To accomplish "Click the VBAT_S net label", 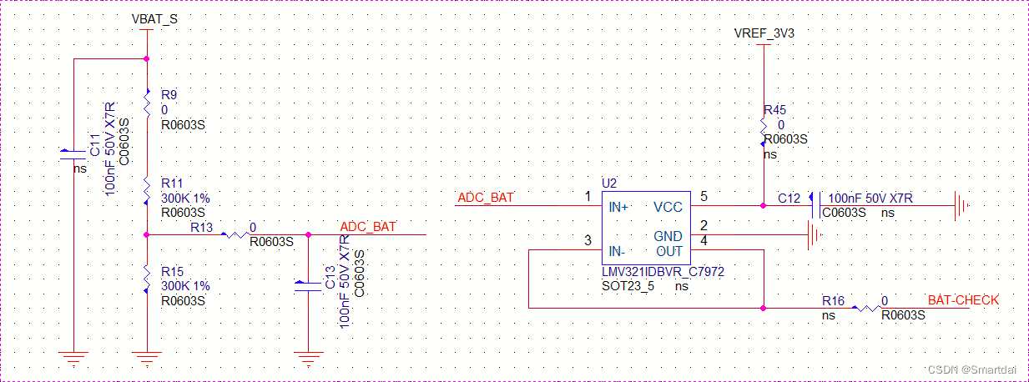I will click(154, 18).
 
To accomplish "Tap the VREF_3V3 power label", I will click(764, 33).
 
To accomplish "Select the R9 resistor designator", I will click(169, 95).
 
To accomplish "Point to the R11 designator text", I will click(172, 183).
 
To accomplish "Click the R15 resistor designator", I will click(172, 272).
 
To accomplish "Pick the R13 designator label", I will click(202, 226).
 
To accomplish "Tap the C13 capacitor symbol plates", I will click(308, 287).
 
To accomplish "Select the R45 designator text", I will click(774, 110).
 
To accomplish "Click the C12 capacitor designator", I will click(789, 199).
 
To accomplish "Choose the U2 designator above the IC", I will click(610, 183).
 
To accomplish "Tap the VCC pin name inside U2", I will click(668, 207).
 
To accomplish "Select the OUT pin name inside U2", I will click(668, 251).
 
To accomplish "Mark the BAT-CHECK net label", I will click(963, 300).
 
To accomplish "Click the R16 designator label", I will click(833, 300).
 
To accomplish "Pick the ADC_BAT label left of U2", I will click(486, 198).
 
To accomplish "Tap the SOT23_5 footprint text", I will click(628, 286).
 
